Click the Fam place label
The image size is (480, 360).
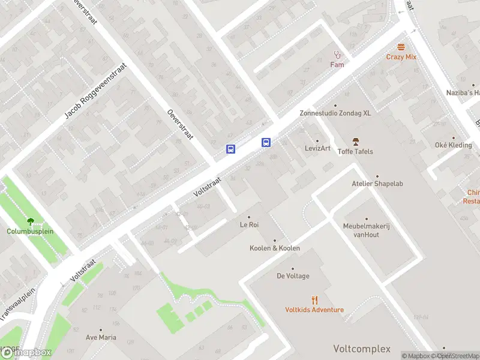coord(337,64)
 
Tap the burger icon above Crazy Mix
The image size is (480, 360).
coord(401,47)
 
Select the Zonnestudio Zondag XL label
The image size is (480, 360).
coord(335,113)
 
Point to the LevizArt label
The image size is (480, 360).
coord(317,148)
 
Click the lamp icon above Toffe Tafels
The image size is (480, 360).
coord(355,142)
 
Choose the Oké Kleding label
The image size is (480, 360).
coord(453,145)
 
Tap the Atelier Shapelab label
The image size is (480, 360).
coord(377,184)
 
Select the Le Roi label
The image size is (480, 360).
coord(249,225)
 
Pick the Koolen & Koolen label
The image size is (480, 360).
coord(275,248)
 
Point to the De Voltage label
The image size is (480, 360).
coord(293,276)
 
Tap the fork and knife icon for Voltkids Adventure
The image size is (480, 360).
coord(314,300)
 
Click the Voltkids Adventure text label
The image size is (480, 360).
coord(314,310)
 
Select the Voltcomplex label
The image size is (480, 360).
coord(362,349)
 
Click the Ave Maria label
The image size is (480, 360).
coord(100,337)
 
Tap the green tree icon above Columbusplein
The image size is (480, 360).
coord(30,221)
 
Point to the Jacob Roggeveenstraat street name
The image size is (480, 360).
coord(96,91)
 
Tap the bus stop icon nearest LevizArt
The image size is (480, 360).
coord(266,142)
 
